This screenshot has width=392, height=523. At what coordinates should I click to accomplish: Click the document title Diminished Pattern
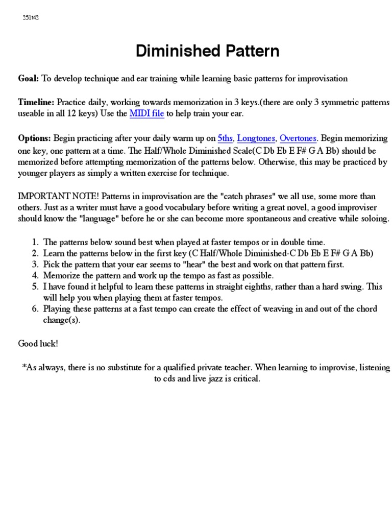tap(207, 51)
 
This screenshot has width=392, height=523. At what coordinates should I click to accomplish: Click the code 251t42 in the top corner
tap(31, 18)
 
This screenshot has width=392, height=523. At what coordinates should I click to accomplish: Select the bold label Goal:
tap(28, 79)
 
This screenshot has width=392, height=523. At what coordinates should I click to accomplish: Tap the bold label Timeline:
tap(36, 102)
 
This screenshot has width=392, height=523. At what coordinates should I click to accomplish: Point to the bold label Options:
tap(35, 138)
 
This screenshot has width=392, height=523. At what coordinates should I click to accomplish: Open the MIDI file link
tap(146, 113)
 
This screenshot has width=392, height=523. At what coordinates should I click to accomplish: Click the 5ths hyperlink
tap(225, 138)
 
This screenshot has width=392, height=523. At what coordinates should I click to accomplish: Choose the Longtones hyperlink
tap(256, 138)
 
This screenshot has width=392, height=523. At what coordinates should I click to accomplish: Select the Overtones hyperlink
tap(298, 138)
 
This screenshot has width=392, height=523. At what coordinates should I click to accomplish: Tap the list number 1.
tap(34, 242)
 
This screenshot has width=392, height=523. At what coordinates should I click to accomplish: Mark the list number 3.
tap(34, 265)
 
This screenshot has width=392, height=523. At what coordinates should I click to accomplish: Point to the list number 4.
tap(34, 276)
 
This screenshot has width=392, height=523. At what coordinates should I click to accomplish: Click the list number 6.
tap(34, 309)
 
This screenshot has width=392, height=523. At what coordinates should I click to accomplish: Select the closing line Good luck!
tap(38, 343)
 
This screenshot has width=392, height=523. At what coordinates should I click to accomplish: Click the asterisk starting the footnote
tap(24, 368)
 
